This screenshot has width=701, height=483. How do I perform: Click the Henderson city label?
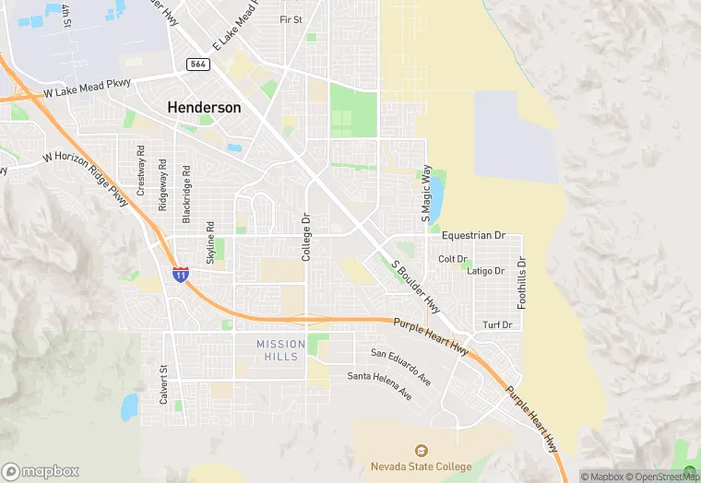(x=204, y=108)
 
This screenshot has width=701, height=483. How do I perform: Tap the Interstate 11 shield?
(x=180, y=274)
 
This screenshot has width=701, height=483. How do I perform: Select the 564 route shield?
(x=196, y=64)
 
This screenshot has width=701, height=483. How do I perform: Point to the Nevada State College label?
(x=421, y=466)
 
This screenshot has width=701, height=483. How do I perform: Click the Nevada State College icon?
(x=421, y=450)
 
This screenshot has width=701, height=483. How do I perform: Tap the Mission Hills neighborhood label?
(x=278, y=349)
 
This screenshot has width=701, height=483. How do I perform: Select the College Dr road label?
(x=307, y=237)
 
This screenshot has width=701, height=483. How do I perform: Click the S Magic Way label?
(x=426, y=194)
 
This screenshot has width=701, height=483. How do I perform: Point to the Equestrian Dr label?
(x=473, y=236)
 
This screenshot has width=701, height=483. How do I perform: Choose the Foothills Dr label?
(x=521, y=282)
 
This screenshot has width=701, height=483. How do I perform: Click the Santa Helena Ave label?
(x=379, y=386)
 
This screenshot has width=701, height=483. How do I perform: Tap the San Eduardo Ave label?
(x=401, y=365)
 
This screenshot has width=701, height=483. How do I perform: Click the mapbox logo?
(x=41, y=470)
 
